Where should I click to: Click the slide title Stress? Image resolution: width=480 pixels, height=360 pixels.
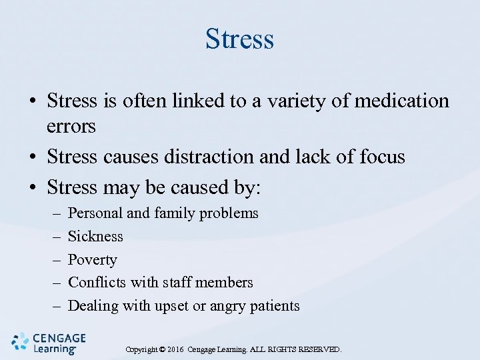click(x=239, y=39)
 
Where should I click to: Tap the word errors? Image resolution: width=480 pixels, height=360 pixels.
click(x=71, y=126)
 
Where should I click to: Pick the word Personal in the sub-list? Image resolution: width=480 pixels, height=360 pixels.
click(x=96, y=213)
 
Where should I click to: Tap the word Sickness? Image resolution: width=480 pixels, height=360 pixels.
click(x=96, y=236)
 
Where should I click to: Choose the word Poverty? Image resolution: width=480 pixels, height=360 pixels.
click(x=93, y=260)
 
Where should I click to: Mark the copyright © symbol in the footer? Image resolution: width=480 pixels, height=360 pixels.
click(x=161, y=349)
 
